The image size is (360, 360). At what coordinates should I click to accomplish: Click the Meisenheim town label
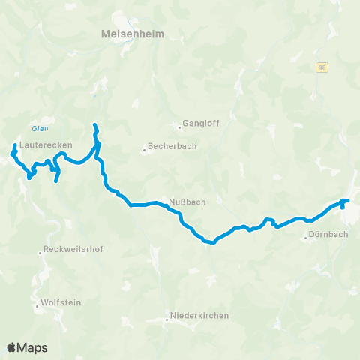click(x=131, y=34)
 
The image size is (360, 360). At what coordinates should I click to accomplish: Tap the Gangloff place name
click(x=201, y=124)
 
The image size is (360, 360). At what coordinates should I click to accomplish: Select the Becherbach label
click(x=172, y=146)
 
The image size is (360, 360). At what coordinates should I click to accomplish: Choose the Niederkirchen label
click(x=199, y=316)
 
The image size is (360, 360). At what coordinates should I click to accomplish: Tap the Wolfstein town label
click(x=62, y=302)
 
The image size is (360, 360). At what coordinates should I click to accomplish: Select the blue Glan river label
click(x=40, y=127)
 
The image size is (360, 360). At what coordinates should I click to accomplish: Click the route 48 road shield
click(x=321, y=67)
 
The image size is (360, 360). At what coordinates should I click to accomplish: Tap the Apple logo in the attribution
click(x=12, y=347)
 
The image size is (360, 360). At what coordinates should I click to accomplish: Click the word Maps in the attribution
click(x=33, y=347)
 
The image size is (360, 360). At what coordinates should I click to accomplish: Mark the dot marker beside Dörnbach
click(x=306, y=239)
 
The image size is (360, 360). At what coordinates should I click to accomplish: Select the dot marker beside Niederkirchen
click(x=166, y=319)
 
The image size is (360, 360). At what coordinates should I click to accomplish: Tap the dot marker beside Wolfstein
click(x=36, y=306)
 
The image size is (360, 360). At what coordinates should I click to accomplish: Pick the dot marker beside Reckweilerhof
click(x=40, y=252)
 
